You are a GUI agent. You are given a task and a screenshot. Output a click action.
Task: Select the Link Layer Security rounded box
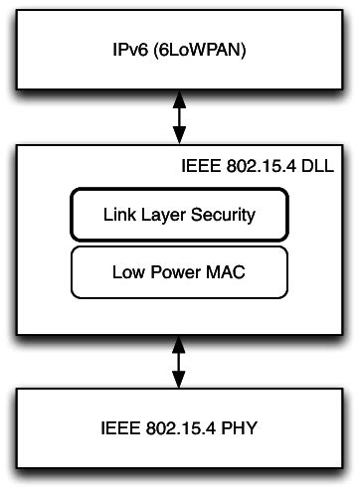click(x=179, y=213)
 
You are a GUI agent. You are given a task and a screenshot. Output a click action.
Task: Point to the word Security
click(x=225, y=214)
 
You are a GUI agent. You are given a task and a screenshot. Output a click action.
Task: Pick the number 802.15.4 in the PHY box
click(x=182, y=432)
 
